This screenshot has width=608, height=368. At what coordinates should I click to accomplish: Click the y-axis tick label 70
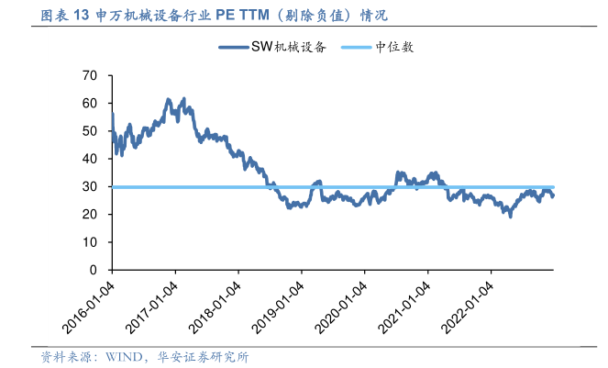tap(89, 75)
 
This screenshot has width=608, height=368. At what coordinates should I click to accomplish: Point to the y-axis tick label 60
tap(89, 104)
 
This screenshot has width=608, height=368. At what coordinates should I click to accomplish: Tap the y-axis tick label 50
tap(89, 131)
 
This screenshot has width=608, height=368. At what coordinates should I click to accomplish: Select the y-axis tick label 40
tap(89, 159)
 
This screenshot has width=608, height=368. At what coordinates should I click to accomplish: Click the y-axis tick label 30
tap(89, 186)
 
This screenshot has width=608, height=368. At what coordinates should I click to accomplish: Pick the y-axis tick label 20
tap(89, 215)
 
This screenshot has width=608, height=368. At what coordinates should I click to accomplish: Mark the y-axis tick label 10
tap(89, 242)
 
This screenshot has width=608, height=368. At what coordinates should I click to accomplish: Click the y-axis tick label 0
tap(93, 271)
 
